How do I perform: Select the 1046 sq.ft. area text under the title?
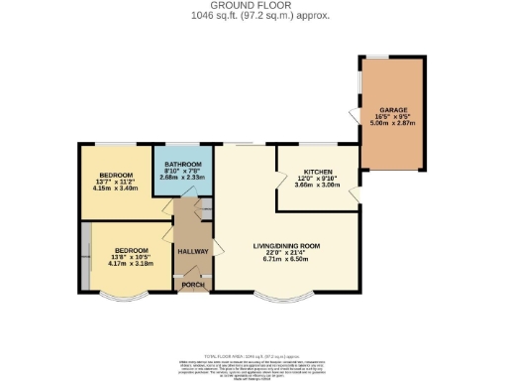[253, 17]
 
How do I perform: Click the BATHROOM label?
[183, 164]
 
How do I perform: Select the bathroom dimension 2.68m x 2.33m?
[183, 178]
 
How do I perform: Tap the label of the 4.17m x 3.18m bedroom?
[131, 250]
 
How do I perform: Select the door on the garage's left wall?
[355, 117]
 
